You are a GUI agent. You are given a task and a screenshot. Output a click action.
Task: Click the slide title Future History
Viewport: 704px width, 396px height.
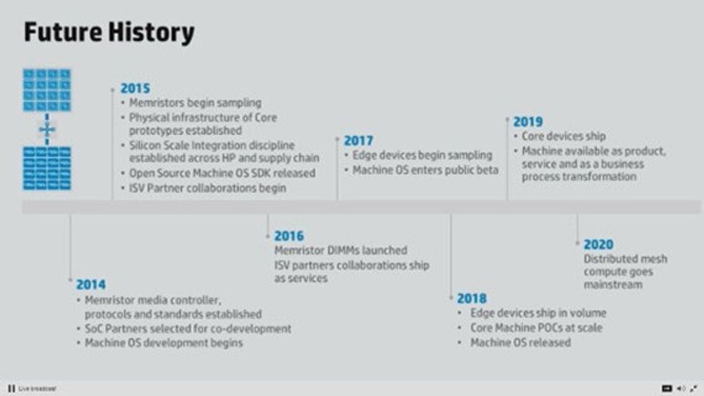(109, 32)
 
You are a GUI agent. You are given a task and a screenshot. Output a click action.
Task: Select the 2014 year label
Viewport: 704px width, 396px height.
(91, 284)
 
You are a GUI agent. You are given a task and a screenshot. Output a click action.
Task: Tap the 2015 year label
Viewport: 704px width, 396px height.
(135, 88)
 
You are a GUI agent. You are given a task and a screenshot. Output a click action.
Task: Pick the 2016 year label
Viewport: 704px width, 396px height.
(289, 235)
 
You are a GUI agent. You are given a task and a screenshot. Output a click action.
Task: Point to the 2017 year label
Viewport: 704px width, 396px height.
(358, 141)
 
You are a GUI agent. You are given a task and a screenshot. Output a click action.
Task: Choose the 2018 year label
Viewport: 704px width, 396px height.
(471, 298)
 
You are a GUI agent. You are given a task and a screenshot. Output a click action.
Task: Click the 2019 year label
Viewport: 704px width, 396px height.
(527, 122)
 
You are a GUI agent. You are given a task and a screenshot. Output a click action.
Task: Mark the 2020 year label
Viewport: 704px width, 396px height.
(598, 245)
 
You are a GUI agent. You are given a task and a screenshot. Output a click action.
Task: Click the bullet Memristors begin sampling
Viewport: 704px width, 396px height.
(195, 103)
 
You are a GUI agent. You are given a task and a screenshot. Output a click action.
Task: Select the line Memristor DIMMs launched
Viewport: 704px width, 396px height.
(341, 250)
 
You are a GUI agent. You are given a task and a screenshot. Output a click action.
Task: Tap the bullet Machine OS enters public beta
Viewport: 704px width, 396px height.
(425, 170)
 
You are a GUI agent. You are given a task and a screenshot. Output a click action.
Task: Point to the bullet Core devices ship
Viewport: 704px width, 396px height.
(563, 136)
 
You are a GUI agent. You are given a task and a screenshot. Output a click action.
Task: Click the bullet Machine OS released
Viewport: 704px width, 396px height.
(520, 343)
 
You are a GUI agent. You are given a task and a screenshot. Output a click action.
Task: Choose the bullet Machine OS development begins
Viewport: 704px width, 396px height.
(164, 343)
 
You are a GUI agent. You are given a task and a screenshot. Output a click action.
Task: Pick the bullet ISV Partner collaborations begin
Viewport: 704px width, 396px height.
(208, 188)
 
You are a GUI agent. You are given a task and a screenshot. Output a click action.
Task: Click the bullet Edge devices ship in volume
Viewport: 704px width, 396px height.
(538, 313)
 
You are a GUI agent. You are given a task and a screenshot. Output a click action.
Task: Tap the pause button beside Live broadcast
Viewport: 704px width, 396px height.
(11, 388)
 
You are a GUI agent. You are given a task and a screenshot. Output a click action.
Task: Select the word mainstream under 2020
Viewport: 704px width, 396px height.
(613, 285)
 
